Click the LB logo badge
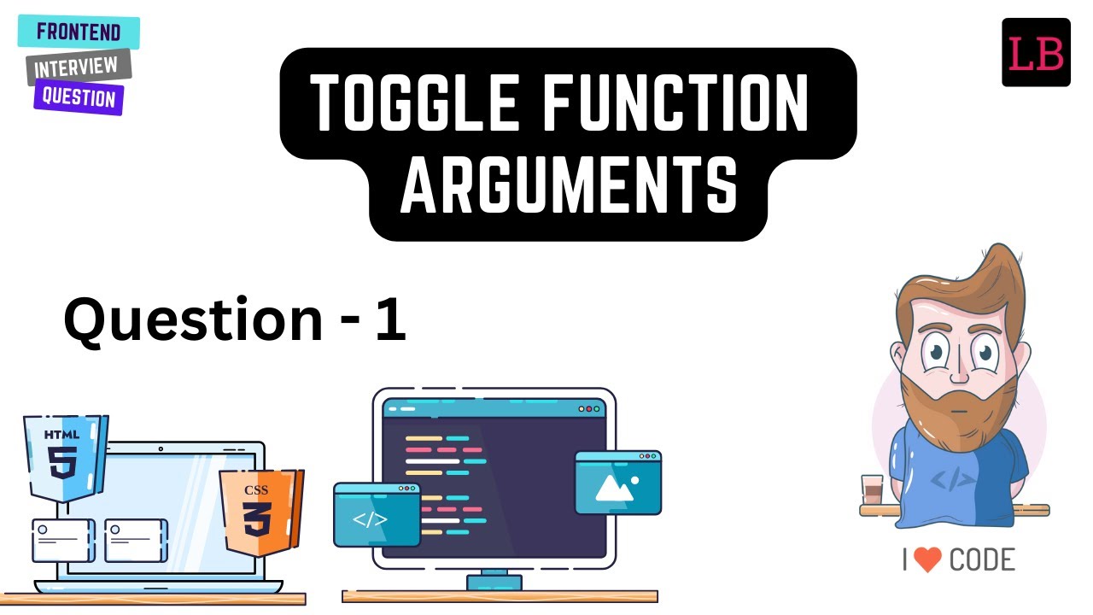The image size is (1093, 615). pos(1036,52)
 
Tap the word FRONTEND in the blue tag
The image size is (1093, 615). pos(79,33)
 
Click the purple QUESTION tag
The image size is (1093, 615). pos(79,97)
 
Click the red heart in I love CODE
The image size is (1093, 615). pos(926,559)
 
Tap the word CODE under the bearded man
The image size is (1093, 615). pos(982,560)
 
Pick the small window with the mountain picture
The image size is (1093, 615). pos(617,483)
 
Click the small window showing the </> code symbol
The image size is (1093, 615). pos(376,514)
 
